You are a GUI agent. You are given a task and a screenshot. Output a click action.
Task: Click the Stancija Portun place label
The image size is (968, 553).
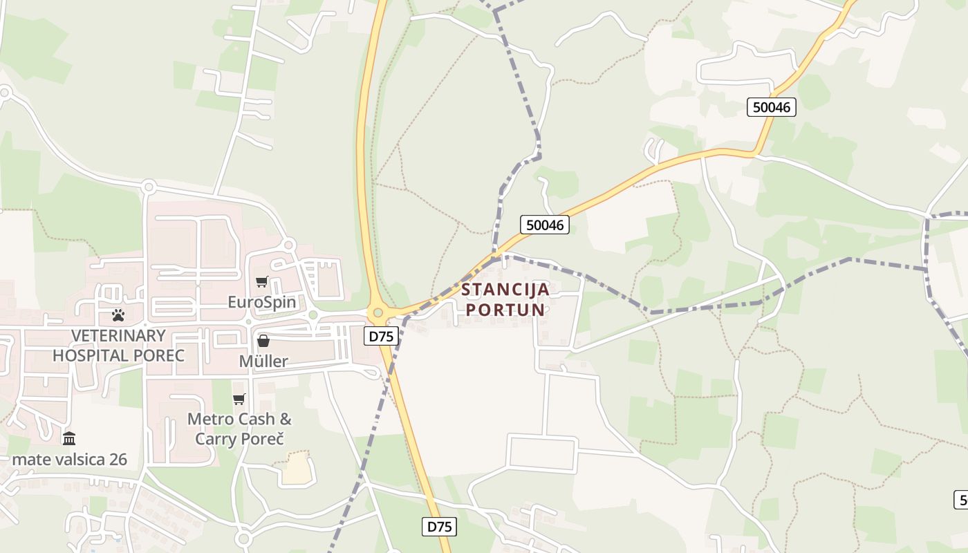[505, 299]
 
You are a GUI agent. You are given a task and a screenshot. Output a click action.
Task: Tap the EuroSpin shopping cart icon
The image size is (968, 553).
[261, 281]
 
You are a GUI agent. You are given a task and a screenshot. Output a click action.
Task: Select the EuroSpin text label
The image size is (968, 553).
[262, 302]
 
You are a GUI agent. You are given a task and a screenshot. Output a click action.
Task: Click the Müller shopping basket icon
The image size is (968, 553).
[263, 340]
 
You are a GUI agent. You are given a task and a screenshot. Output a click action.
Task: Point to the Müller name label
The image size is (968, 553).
[263, 361]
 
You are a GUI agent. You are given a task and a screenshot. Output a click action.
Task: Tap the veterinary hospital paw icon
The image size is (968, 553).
[118, 315]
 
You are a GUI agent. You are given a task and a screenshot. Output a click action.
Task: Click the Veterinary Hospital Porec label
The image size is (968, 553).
[118, 346]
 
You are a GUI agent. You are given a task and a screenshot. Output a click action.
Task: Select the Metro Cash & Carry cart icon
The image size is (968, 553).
[239, 399]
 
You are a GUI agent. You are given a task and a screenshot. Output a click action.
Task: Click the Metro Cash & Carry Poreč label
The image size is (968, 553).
[239, 429]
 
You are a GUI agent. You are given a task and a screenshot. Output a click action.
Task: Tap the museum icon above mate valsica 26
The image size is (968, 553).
[69, 438]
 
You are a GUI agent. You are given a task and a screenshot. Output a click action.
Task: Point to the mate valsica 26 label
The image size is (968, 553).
[69, 460]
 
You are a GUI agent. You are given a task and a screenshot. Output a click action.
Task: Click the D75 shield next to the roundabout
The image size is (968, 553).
[381, 337]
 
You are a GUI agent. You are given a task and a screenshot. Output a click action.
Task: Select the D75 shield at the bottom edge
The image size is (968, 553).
[439, 527]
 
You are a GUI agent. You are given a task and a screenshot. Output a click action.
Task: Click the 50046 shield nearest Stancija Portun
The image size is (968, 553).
[545, 225]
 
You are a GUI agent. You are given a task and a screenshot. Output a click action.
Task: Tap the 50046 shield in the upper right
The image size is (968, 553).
[772, 107]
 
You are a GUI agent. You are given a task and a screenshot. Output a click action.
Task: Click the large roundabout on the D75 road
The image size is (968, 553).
[378, 313]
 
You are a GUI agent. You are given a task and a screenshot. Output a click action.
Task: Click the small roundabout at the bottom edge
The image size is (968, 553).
[243, 538]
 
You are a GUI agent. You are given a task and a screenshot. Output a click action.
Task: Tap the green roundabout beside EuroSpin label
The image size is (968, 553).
[313, 315]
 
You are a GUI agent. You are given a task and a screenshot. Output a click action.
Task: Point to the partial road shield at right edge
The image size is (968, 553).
[961, 499]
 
